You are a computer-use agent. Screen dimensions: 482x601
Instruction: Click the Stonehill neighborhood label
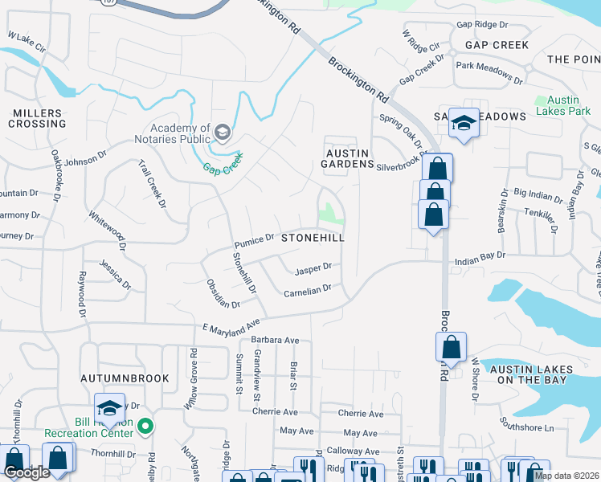313,239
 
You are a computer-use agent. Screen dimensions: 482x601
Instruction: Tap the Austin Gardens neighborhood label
346,158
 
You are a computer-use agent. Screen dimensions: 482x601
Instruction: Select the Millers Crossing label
38,118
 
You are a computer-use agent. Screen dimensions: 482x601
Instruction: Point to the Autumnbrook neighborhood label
125,378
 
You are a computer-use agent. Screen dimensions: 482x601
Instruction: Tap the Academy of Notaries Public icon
223,132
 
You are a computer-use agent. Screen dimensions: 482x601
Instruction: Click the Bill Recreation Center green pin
145,425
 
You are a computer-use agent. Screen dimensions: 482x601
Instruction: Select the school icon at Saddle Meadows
464,123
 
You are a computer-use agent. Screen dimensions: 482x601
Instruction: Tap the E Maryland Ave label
232,327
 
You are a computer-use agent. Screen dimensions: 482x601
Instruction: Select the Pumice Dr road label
255,239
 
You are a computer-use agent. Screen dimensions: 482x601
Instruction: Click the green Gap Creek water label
222,169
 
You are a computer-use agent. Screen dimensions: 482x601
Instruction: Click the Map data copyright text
566,476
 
